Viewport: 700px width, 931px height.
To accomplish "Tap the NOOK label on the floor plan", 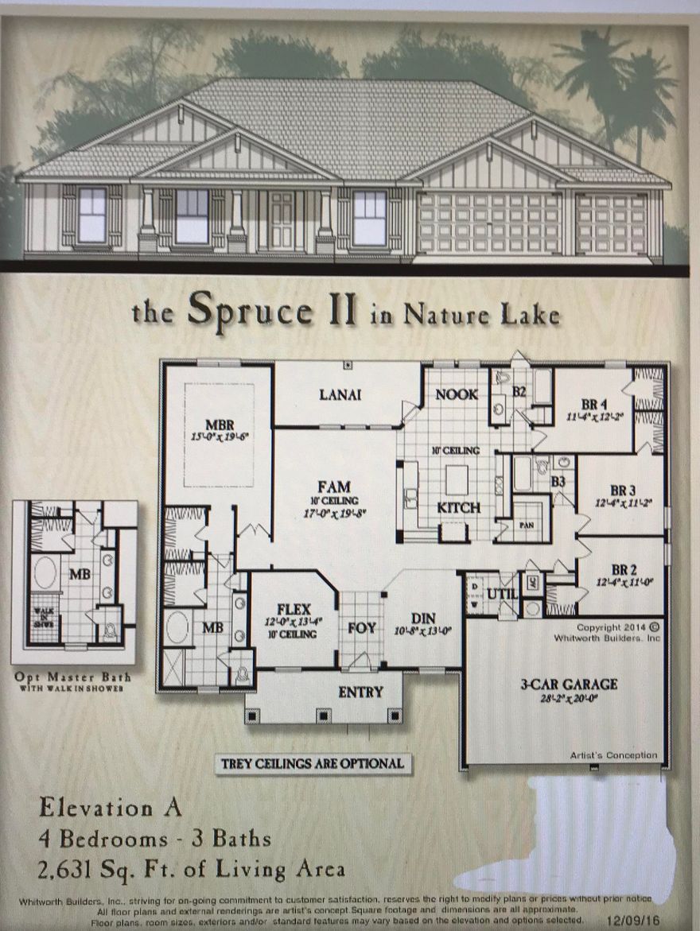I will tap(457, 394).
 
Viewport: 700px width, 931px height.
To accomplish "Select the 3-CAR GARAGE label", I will tap(568, 684).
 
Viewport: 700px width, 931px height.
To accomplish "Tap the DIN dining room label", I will tap(422, 618).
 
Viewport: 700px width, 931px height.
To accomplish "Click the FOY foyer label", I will tap(362, 628).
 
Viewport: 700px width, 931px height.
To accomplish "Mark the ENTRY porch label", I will tap(360, 692).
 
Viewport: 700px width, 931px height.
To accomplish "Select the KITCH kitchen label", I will tap(459, 507).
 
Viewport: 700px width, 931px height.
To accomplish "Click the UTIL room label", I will tap(502, 593).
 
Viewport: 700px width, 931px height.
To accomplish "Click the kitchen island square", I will tap(457, 479).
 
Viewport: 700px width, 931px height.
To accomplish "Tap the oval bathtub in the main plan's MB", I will tap(177, 626).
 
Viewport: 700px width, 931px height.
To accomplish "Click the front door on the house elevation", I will tap(281, 220).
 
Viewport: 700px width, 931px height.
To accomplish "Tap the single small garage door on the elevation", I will tap(610, 223).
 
